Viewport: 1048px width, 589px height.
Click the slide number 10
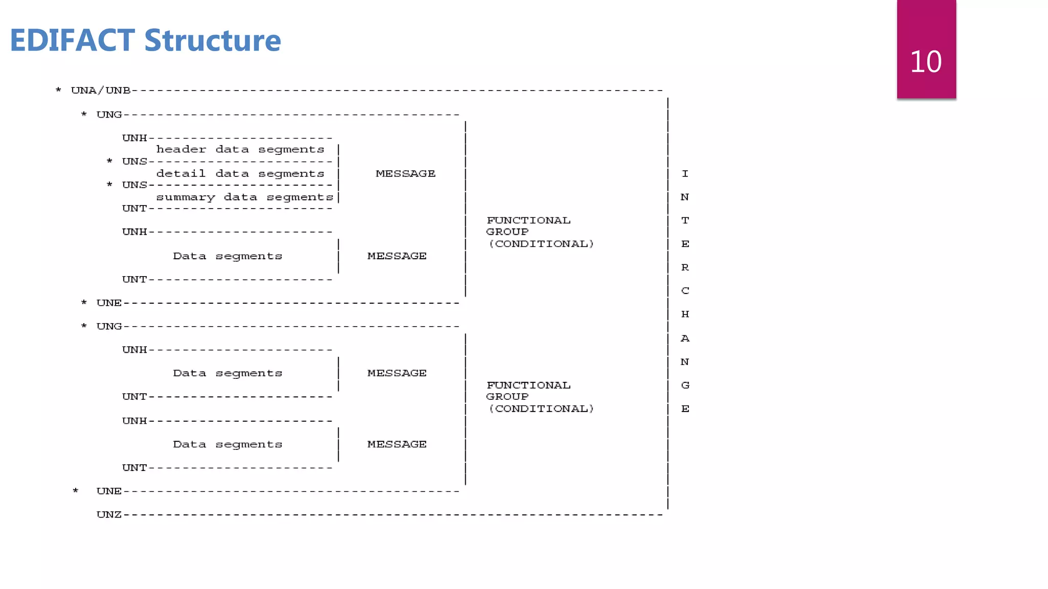926,62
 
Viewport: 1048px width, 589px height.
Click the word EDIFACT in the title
72,40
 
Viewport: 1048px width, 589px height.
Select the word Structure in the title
212,40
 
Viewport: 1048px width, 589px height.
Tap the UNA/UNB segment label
101,90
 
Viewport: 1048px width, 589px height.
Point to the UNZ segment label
109,514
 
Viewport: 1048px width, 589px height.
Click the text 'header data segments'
240,149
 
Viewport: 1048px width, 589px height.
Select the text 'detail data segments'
240,174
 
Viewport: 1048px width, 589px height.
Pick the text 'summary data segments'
245,197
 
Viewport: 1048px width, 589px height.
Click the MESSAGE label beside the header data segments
405,174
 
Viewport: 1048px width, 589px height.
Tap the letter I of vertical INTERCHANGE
685,174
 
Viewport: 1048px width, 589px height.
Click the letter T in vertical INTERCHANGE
685,220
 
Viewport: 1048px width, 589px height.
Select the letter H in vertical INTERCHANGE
685,314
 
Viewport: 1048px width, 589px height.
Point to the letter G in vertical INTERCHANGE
685,385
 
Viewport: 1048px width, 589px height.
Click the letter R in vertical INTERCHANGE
685,267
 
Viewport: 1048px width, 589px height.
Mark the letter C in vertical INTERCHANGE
685,290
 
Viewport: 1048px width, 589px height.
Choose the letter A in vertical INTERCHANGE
685,338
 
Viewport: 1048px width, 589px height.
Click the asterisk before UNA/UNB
58,91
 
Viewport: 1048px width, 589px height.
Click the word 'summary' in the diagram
185,197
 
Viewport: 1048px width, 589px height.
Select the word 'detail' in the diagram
181,174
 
